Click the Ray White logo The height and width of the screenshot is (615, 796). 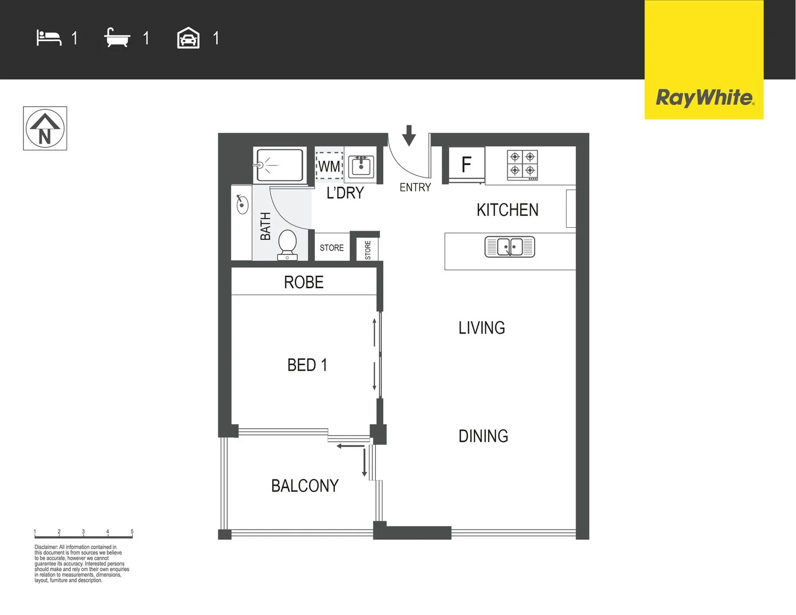tap(704, 97)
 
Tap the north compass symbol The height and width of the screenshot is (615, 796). tap(45, 129)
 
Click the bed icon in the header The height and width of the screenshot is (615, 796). tap(48, 38)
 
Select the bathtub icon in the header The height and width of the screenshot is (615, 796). tap(117, 38)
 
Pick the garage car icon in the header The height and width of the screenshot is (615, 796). tap(188, 38)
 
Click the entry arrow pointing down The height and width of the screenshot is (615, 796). tap(409, 136)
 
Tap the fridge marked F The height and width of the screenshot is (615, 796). tap(466, 165)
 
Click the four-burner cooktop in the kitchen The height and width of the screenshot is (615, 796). tap(522, 165)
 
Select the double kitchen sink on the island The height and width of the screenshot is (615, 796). tap(510, 247)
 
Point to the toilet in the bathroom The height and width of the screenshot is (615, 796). tap(287, 245)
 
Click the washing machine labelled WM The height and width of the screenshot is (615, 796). tap(329, 166)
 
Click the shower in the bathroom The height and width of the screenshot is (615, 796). tap(280, 165)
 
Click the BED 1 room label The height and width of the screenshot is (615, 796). tap(307, 365)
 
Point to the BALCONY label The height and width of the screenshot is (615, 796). tap(305, 486)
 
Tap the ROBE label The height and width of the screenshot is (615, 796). tap(303, 282)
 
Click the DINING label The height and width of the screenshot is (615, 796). tap(483, 436)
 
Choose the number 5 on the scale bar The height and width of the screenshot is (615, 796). tap(132, 531)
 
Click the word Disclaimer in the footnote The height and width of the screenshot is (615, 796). tap(46, 547)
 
